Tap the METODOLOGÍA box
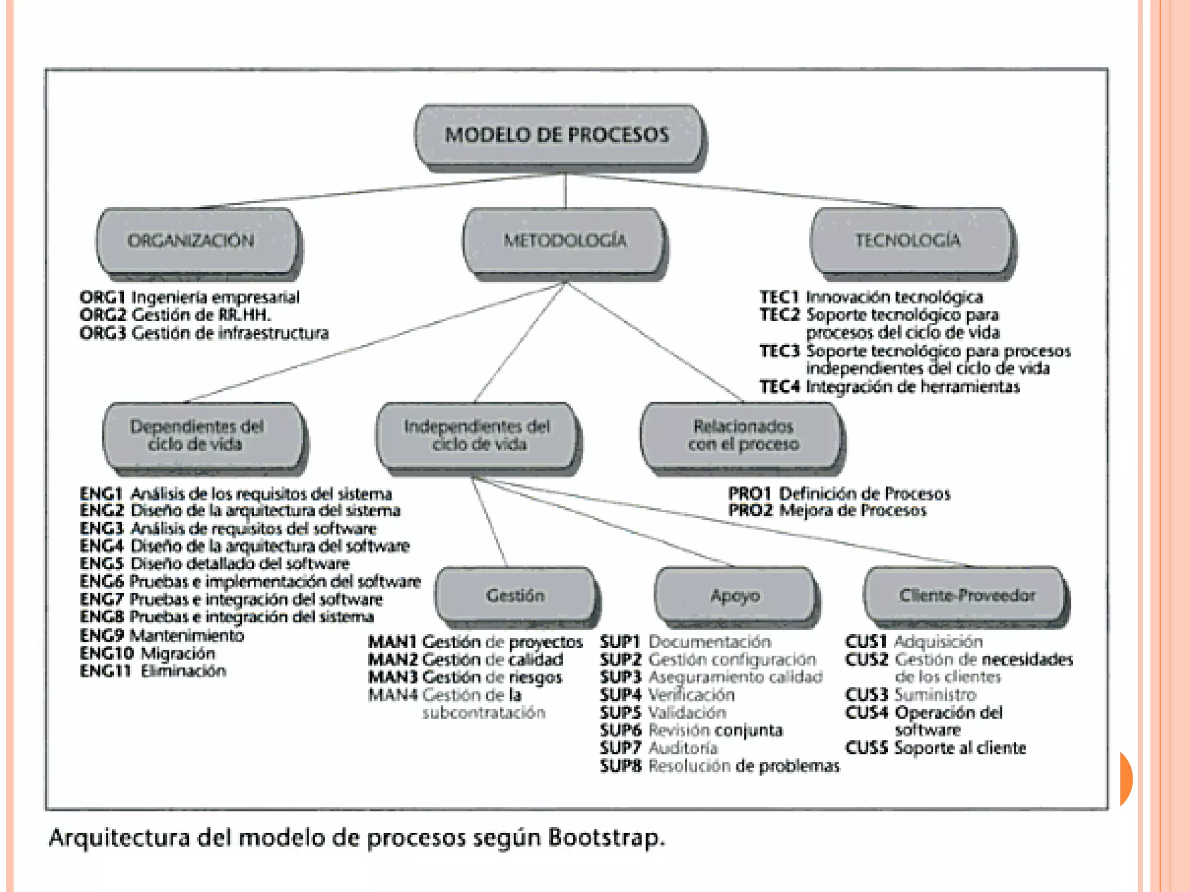click(564, 240)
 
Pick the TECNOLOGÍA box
click(910, 240)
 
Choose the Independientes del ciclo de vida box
click(476, 436)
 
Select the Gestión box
click(515, 595)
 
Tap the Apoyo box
click(735, 595)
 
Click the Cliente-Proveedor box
click(966, 595)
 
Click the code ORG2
click(103, 315)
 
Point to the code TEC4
click(780, 387)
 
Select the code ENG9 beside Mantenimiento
click(102, 635)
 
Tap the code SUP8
click(621, 766)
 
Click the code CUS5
click(866, 748)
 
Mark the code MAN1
click(392, 642)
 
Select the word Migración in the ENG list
click(178, 653)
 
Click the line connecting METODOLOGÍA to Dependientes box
click(372, 343)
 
